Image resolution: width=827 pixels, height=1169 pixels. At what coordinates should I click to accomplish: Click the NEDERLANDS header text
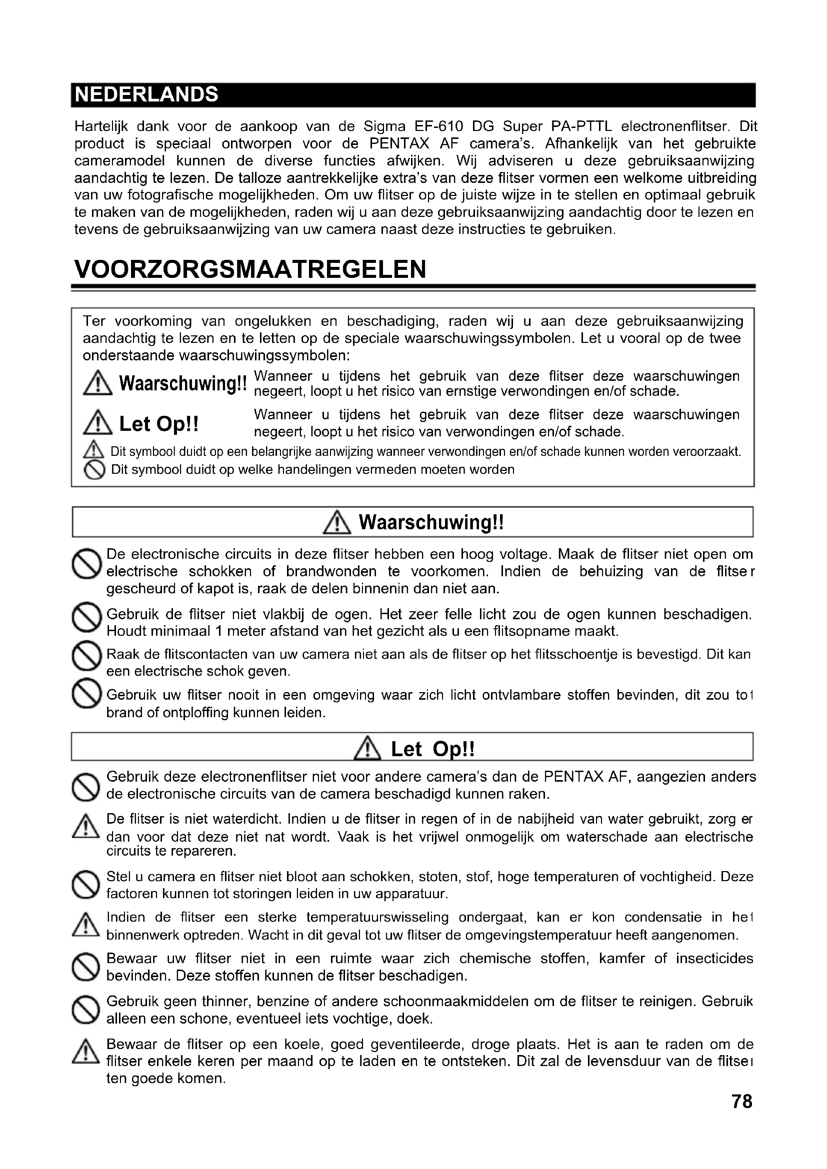click(x=146, y=94)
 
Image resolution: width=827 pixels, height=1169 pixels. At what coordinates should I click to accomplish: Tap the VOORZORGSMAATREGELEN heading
click(x=250, y=269)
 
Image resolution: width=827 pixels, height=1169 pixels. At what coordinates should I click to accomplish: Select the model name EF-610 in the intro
click(x=438, y=126)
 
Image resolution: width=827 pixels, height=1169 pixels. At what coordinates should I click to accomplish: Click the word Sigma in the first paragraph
click(x=384, y=126)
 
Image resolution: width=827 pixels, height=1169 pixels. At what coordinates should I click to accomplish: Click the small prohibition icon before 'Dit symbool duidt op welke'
click(x=94, y=470)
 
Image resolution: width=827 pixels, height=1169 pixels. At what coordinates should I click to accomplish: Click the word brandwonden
click(x=331, y=571)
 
